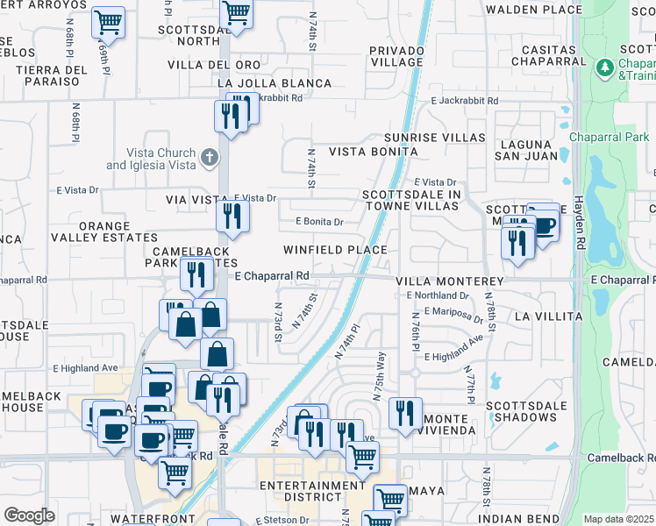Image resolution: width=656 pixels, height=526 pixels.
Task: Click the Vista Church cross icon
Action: click(208, 159)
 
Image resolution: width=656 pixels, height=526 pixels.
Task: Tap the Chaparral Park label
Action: click(610, 137)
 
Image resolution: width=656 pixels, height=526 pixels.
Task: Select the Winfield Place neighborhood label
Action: click(335, 250)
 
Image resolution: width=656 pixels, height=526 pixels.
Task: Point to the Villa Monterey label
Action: click(450, 281)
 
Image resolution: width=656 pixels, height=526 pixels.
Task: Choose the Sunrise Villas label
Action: click(435, 138)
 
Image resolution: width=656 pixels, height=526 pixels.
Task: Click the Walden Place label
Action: click(534, 10)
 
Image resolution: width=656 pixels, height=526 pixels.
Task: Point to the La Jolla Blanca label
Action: click(273, 83)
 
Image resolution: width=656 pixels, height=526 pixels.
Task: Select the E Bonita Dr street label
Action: click(319, 222)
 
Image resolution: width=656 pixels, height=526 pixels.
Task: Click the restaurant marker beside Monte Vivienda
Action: click(404, 413)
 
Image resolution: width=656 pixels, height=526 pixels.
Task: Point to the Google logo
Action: click(29, 515)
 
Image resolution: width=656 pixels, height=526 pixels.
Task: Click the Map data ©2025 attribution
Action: click(618, 519)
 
